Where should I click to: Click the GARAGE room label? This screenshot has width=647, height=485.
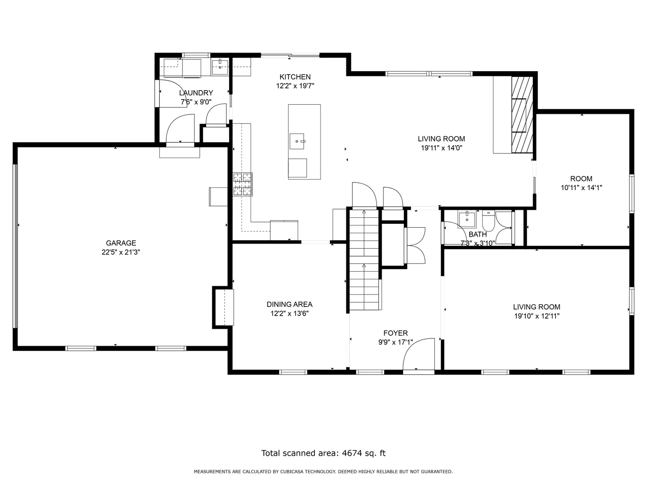tap(121, 243)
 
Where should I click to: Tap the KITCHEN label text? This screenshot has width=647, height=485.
tap(295, 77)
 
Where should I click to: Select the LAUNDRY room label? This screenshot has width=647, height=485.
tap(196, 93)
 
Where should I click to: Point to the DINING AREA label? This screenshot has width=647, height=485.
tap(289, 304)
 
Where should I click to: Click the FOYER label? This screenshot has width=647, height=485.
tap(396, 333)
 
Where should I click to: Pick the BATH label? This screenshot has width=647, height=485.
tap(477, 235)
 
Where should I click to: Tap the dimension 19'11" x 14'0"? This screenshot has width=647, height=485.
tap(441, 148)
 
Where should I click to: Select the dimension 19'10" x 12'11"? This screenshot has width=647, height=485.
tap(537, 316)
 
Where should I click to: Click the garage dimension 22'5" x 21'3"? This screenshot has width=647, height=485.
tap(121, 252)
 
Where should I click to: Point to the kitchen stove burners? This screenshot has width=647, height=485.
tap(242, 185)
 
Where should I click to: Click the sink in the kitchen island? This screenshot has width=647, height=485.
tap(297, 141)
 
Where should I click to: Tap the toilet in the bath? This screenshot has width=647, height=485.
tap(488, 221)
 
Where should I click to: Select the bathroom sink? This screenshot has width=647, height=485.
tap(467, 220)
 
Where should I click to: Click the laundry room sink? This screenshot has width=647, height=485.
tap(220, 68)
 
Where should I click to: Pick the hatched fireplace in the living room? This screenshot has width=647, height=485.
tap(522, 115)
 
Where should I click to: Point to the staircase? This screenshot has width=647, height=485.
tap(364, 260)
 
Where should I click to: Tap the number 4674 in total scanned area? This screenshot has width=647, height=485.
tap(352, 453)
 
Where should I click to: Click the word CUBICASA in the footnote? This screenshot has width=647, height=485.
tap(292, 472)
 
